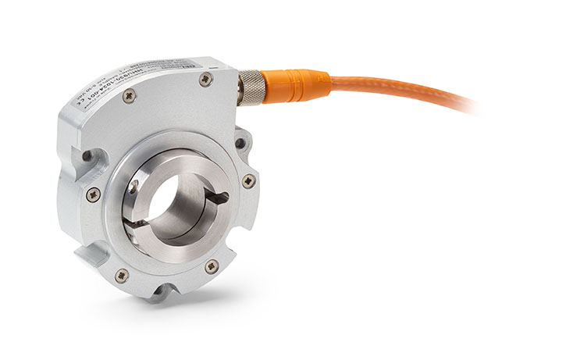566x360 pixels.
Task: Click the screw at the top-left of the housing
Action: tap(130, 95)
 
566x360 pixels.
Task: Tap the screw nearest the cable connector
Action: tap(205, 79)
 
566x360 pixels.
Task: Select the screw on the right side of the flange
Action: tap(248, 181)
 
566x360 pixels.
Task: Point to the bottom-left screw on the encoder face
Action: tap(122, 275)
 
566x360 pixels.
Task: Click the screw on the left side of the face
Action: tap(93, 194)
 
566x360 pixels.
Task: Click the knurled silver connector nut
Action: tap(251, 86)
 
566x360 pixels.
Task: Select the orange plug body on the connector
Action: tap(297, 84)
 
